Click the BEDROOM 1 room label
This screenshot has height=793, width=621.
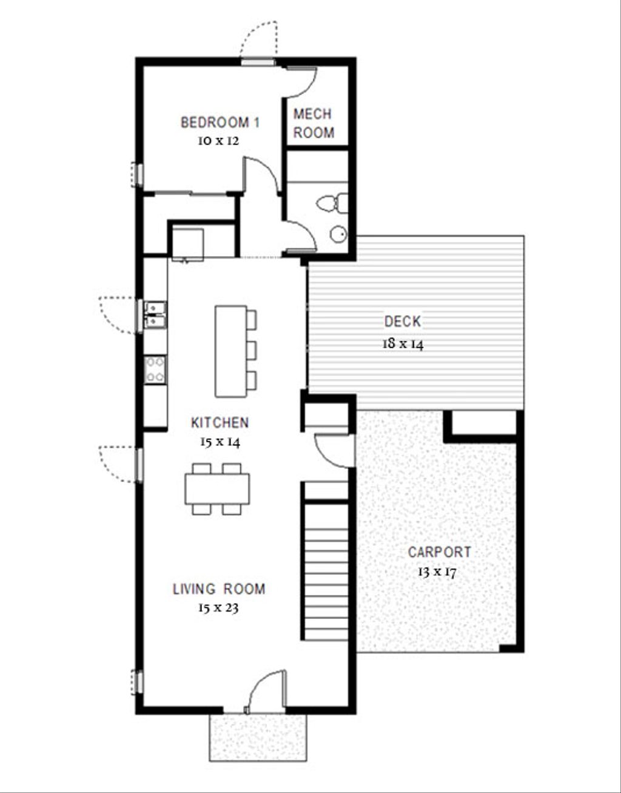(220, 123)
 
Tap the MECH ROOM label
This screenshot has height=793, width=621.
(314, 123)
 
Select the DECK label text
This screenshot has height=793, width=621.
(402, 322)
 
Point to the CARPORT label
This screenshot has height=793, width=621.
(439, 552)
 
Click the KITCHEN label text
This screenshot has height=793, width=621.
(220, 422)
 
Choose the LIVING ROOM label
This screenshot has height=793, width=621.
(219, 589)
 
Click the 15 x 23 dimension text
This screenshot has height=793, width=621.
(218, 608)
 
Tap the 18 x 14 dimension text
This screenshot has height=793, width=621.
(403, 343)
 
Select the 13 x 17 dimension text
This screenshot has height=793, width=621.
(437, 572)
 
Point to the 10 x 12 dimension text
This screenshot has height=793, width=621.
(217, 141)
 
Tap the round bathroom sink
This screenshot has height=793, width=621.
(338, 234)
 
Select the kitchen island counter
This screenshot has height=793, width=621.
(230, 351)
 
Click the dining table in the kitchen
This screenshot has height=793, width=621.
(218, 488)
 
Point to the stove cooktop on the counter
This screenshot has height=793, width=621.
(155, 370)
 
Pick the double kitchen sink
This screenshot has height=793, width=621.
(155, 314)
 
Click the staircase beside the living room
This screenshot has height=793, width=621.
(326, 570)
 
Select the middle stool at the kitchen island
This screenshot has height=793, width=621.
(251, 350)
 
